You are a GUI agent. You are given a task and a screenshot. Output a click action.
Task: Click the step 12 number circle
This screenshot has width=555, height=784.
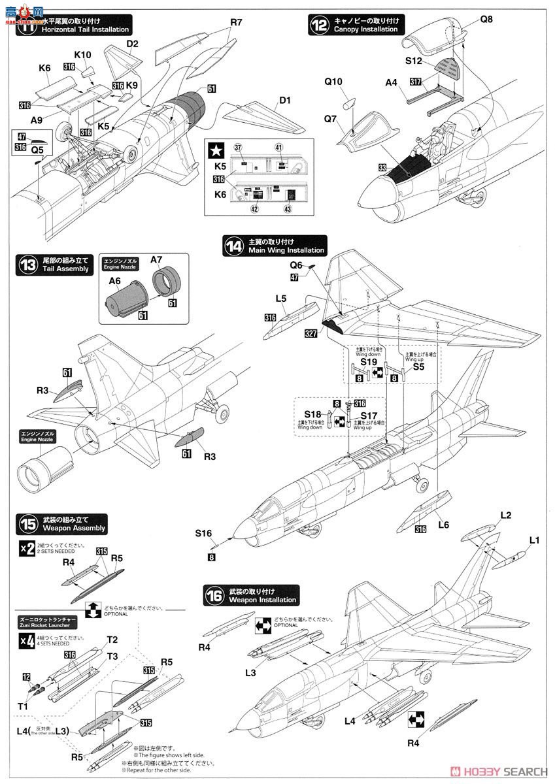(x=319, y=25)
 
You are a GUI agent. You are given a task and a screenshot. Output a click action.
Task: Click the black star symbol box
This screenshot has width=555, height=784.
(x=215, y=150)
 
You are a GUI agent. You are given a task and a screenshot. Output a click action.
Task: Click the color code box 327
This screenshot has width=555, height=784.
(x=313, y=333)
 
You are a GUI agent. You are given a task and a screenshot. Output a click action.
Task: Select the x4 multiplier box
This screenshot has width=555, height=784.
(x=27, y=641)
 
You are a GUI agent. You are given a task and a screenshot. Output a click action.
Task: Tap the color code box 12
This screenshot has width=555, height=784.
(x=26, y=677)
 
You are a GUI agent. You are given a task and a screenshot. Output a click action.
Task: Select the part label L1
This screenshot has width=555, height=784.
(x=534, y=539)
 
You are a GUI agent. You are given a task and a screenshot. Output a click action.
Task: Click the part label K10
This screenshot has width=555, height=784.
(x=82, y=55)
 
